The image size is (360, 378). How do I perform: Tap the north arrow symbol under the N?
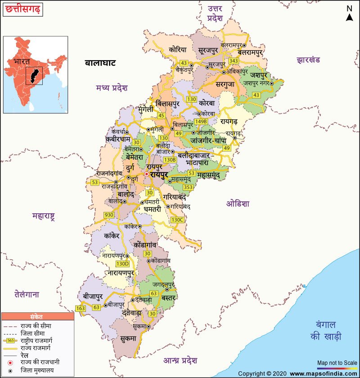(349, 17)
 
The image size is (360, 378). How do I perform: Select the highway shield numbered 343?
(234, 61)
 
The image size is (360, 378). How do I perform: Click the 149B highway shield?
(201, 121)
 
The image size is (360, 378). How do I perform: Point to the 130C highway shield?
(177, 220)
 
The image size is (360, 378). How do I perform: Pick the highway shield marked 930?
(109, 215)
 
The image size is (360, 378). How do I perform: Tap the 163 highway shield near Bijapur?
(81, 308)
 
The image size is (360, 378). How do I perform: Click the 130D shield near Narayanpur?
(122, 264)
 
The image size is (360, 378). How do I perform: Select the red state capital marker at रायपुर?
(146, 174)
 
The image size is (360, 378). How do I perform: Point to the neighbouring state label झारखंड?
(308, 59)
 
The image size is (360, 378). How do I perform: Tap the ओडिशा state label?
(238, 203)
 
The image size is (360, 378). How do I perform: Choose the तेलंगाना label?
(27, 295)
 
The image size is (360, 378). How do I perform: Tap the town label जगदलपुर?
(163, 284)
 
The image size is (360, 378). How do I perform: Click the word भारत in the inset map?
(22, 60)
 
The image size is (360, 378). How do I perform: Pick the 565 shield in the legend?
(11, 341)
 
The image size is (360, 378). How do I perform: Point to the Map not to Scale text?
(337, 362)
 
